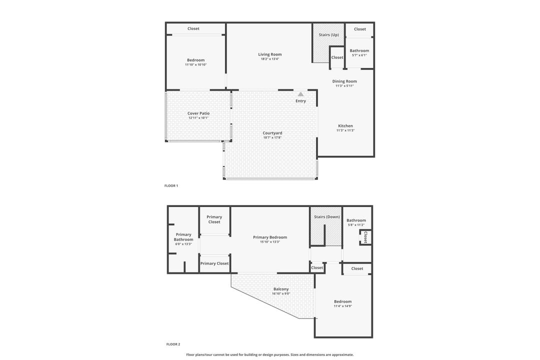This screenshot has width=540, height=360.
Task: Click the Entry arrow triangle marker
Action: click(300, 94)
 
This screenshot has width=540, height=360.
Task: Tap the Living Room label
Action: click(269, 54)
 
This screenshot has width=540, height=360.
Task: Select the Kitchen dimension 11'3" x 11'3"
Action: click(345, 130)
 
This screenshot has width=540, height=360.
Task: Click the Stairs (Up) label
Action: click(328, 34)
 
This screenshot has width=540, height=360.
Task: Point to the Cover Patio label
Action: click(198, 113)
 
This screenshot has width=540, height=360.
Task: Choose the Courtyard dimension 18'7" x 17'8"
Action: click(272, 137)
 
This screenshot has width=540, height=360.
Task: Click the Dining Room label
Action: click(344, 81)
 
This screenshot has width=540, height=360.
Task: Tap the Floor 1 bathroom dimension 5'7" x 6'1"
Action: click(359, 55)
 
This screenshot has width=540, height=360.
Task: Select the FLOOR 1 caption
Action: click(171, 185)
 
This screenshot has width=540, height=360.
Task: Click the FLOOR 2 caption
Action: click(173, 344)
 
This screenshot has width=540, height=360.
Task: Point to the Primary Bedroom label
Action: click(270, 237)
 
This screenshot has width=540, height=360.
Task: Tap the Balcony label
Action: click(281, 289)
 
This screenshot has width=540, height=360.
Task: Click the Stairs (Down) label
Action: click(326, 217)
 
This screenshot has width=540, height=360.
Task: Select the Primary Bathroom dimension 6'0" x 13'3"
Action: click(183, 244)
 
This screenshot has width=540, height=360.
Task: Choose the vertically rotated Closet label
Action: click(365, 237)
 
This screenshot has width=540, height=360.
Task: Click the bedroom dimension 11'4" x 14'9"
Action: click(343, 306)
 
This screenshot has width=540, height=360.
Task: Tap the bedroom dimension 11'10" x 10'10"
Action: click(195, 64)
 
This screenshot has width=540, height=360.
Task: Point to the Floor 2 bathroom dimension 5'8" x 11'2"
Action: click(356, 225)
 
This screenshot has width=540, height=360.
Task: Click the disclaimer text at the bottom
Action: click(269, 354)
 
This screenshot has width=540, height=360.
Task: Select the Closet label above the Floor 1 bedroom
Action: click(193, 28)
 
